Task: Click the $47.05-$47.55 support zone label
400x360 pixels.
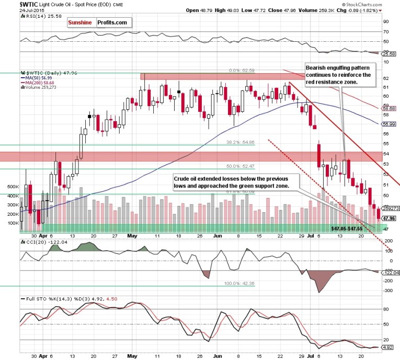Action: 349,229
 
